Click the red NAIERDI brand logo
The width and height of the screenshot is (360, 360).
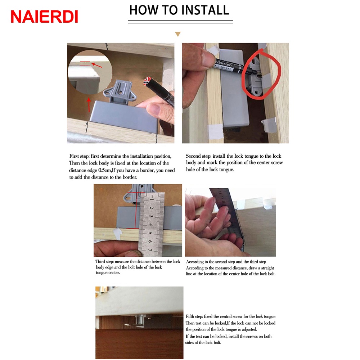(x=44, y=17)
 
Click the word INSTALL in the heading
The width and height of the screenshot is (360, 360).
(x=206, y=10)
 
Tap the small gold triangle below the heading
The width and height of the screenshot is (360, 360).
(x=178, y=34)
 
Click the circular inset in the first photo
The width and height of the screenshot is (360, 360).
(x=90, y=72)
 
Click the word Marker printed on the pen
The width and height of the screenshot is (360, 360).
(x=224, y=63)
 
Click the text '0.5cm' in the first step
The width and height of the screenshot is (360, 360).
(x=104, y=170)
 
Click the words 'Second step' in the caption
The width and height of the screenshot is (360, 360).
(x=198, y=156)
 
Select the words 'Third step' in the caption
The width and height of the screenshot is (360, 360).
(x=104, y=262)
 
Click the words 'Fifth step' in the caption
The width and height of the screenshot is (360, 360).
(x=194, y=316)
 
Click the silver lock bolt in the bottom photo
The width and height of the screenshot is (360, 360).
(x=140, y=320)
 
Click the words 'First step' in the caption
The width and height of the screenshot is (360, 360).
(x=80, y=156)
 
